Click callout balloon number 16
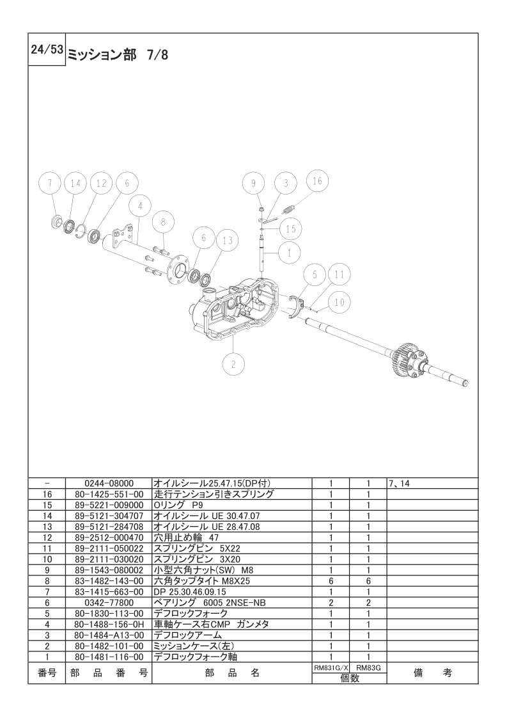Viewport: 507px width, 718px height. [x=316, y=182]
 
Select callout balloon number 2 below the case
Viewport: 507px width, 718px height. [x=233, y=364]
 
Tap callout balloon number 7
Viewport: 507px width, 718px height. [x=49, y=183]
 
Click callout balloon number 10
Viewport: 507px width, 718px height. [x=339, y=301]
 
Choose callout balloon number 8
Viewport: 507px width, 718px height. [x=163, y=222]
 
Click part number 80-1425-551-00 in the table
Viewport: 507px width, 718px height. [x=109, y=494]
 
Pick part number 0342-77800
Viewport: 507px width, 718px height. [x=109, y=603]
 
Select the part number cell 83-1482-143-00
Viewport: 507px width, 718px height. [x=109, y=581]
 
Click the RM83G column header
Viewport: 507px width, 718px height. [x=368, y=667]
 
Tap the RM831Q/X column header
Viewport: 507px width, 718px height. [x=330, y=667]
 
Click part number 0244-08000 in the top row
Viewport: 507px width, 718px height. [x=109, y=484]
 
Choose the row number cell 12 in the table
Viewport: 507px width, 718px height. [x=47, y=538]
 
